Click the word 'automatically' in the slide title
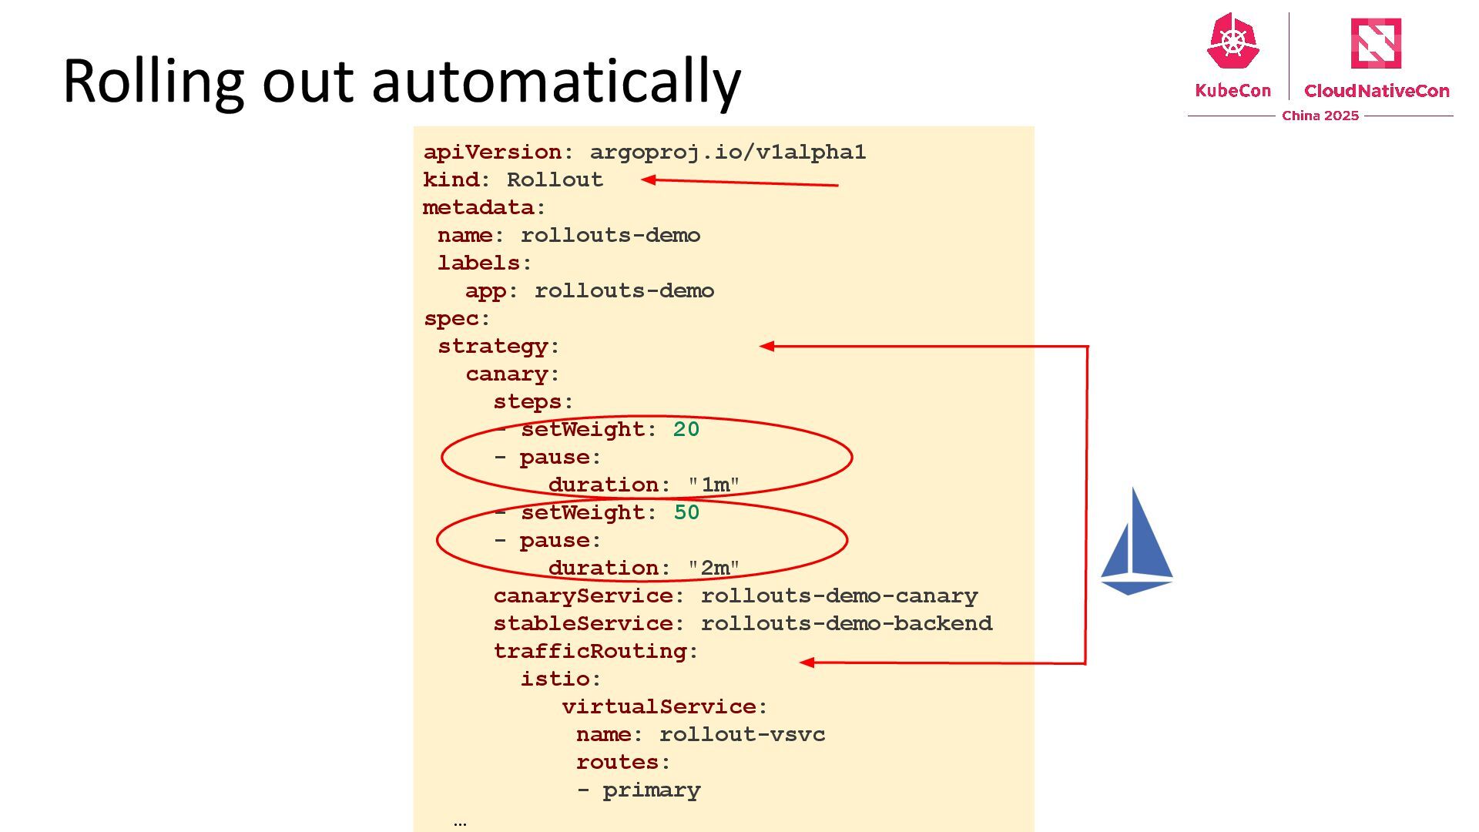tap(555, 82)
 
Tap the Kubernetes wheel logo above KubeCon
tap(1232, 42)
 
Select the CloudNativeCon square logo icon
tap(1376, 43)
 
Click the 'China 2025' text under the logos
tap(1320, 116)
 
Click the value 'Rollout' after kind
tap(555, 180)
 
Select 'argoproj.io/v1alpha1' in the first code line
tap(727, 153)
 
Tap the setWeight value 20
tap(686, 430)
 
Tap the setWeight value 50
tap(686, 513)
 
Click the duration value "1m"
tap(714, 485)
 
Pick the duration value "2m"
tap(714, 569)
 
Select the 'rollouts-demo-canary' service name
tap(839, 596)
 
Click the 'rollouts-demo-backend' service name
tap(846, 624)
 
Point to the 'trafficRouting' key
tap(590, 652)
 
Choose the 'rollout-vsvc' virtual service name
tap(742, 735)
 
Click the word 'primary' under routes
tap(651, 790)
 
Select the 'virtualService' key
tap(659, 707)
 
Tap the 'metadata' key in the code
tap(478, 208)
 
